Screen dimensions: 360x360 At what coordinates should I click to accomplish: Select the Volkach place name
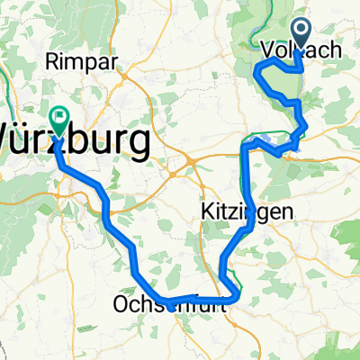(301, 50)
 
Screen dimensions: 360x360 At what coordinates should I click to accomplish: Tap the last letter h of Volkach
(337, 50)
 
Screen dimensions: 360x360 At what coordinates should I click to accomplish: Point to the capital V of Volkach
(265, 50)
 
